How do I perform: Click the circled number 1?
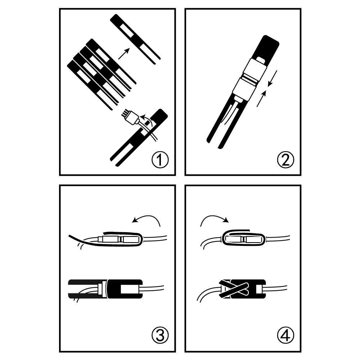(160, 159)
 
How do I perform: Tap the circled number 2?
(285, 159)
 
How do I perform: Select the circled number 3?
(160, 336)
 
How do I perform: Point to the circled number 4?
(285, 336)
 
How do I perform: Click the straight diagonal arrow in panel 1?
(124, 54)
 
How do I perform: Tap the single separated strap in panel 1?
(135, 39)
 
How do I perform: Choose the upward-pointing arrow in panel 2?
(262, 99)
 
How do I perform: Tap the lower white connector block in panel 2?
(244, 89)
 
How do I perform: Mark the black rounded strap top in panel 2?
(267, 47)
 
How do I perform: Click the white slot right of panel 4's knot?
(259, 289)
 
